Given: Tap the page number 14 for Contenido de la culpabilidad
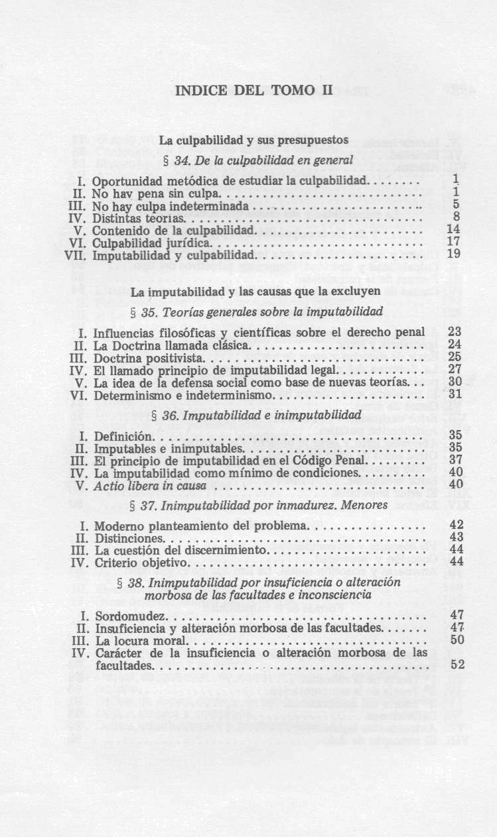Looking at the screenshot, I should [x=454, y=229].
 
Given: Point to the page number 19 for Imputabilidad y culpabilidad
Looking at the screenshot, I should [x=454, y=254].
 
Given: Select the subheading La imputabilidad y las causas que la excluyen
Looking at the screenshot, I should [x=255, y=291].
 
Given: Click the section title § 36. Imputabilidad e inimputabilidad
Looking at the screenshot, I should [x=257, y=416].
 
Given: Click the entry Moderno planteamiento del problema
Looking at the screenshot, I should [x=201, y=526].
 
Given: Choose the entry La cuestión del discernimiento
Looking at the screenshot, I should [x=180, y=551].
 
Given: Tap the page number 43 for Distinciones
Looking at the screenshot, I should [x=456, y=538].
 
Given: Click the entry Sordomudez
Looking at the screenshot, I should [x=125, y=616].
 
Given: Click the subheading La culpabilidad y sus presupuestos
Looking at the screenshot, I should [x=254, y=140].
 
